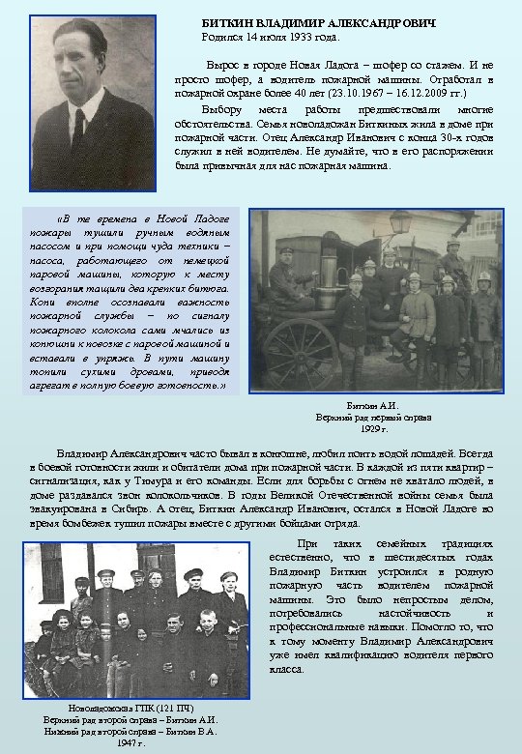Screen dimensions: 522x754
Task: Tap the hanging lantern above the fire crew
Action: [399, 223]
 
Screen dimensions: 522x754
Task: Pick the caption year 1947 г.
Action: [130, 743]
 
